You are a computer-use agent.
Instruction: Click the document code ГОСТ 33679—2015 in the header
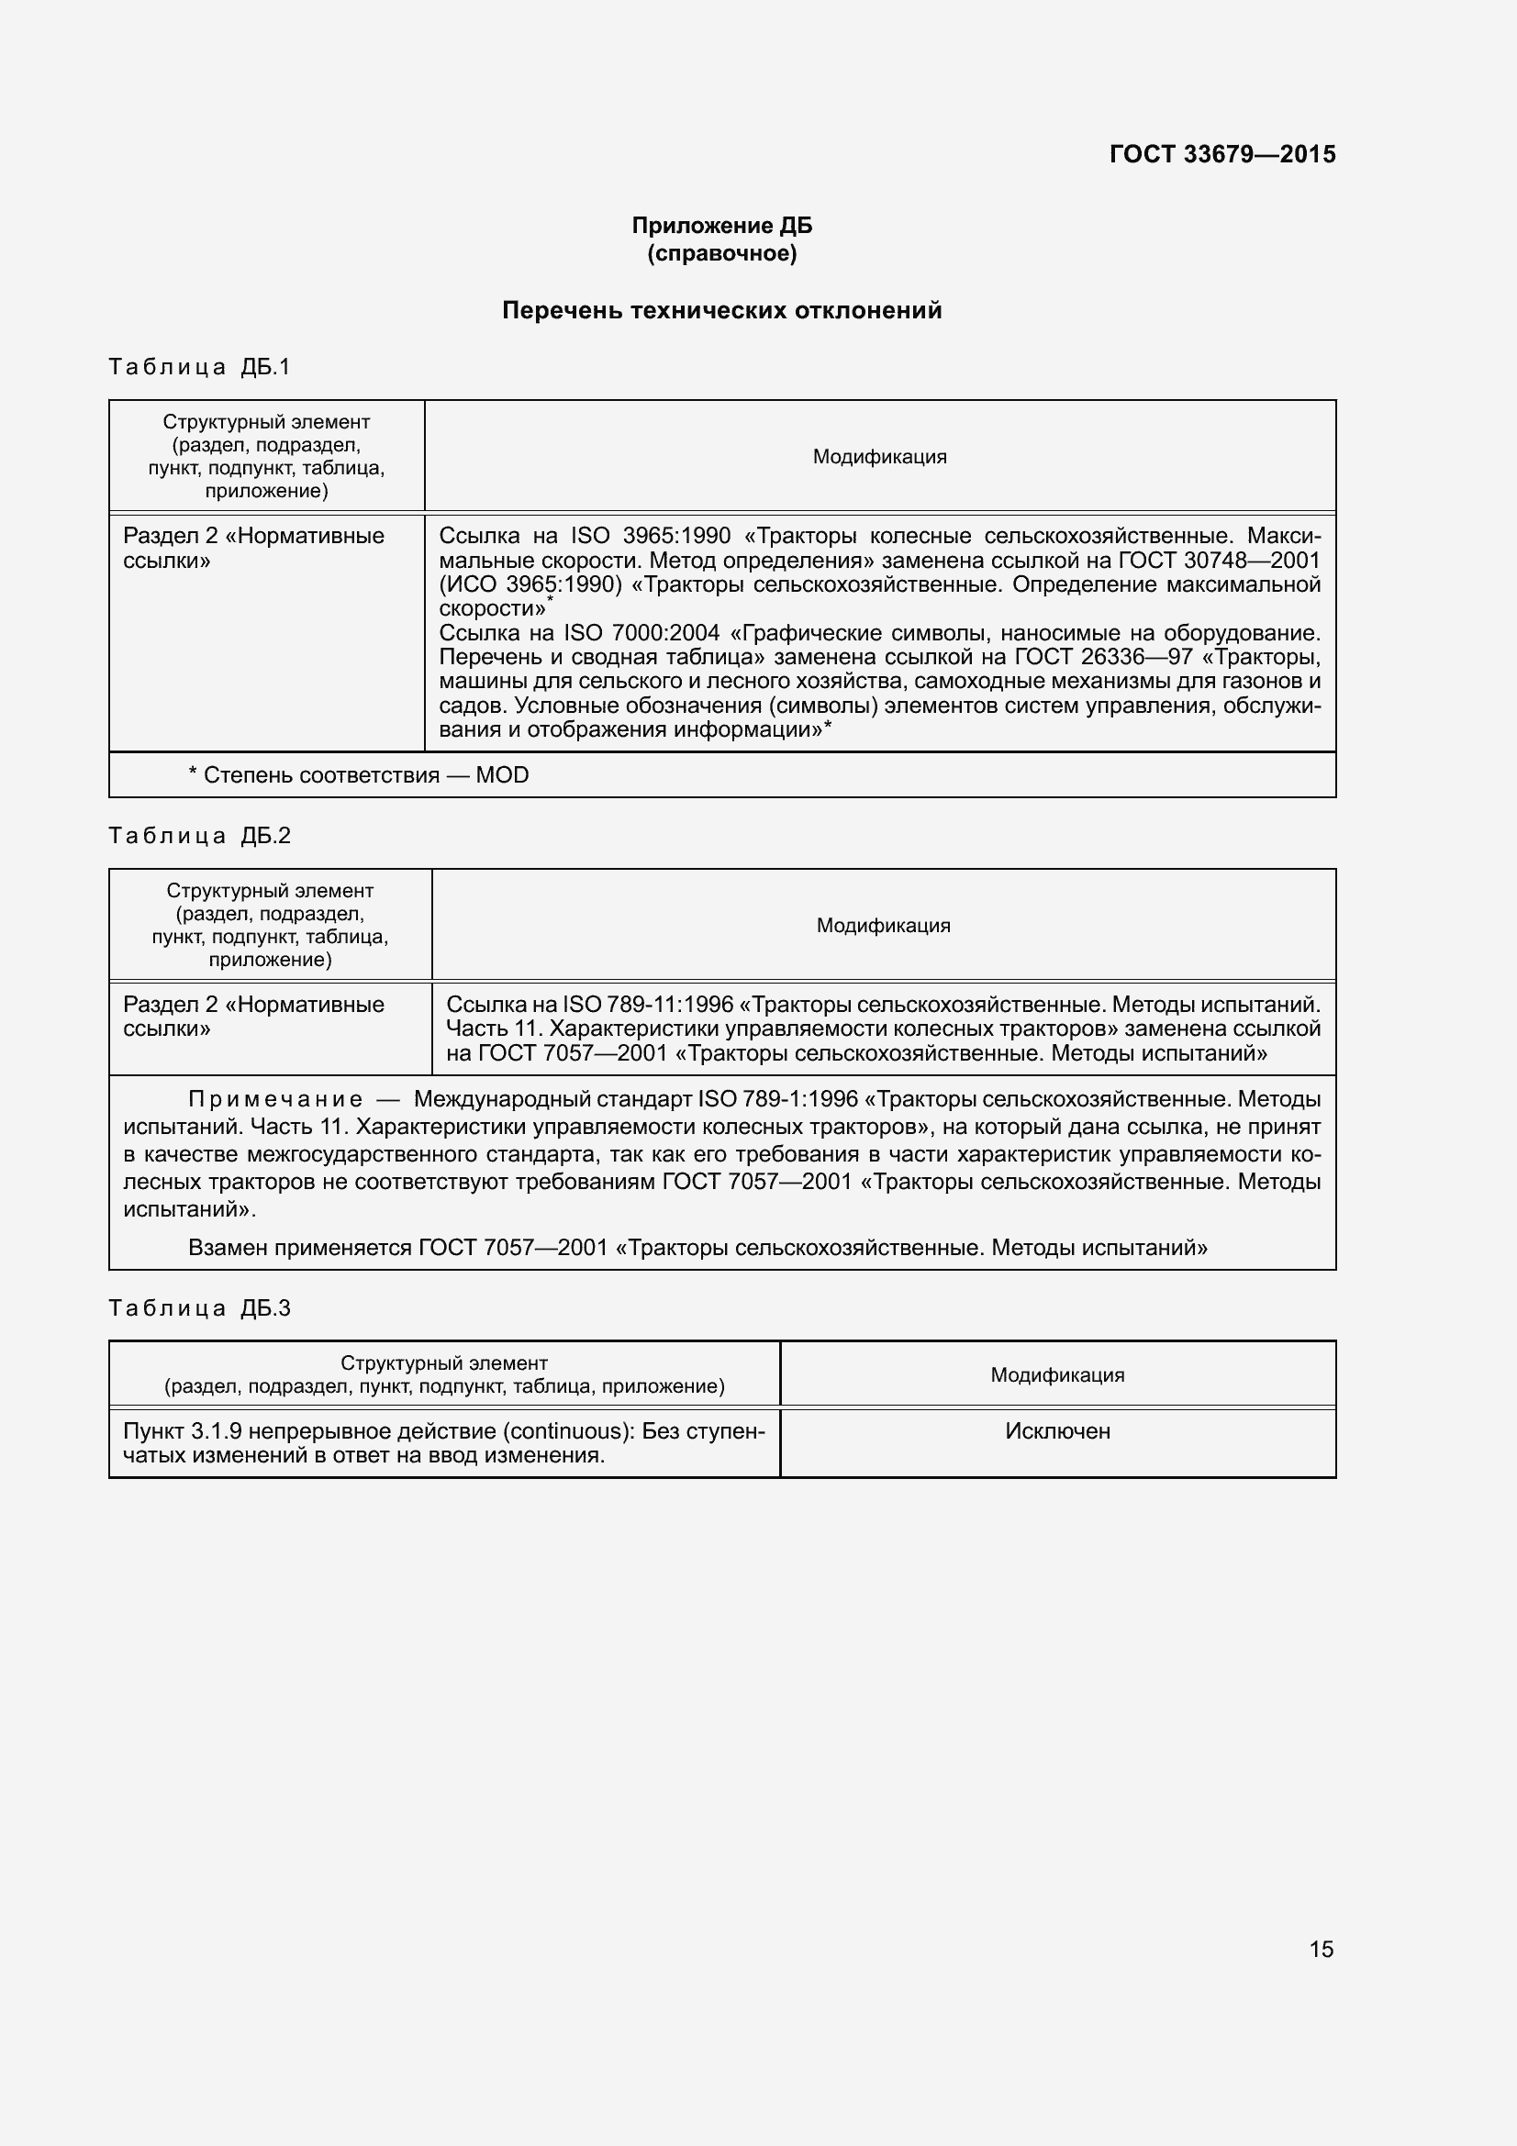point(1221,154)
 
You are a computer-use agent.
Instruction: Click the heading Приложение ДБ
point(721,226)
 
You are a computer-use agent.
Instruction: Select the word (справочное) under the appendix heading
point(721,253)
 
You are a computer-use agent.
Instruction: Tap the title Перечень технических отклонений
point(721,310)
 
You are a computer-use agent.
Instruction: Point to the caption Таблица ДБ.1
point(199,366)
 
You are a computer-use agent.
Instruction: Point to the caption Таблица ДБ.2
point(199,835)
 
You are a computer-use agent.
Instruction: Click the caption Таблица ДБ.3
point(199,1307)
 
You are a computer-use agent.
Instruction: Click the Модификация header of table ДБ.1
point(878,457)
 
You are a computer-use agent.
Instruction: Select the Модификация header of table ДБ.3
point(1057,1375)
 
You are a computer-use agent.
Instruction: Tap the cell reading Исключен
point(1057,1431)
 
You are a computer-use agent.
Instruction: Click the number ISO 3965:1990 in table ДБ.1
point(651,536)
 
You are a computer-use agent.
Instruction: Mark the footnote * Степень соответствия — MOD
point(358,775)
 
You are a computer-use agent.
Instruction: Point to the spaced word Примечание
point(275,1098)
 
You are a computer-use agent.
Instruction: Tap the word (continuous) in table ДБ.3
point(564,1431)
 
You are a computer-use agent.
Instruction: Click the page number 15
point(1321,1949)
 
